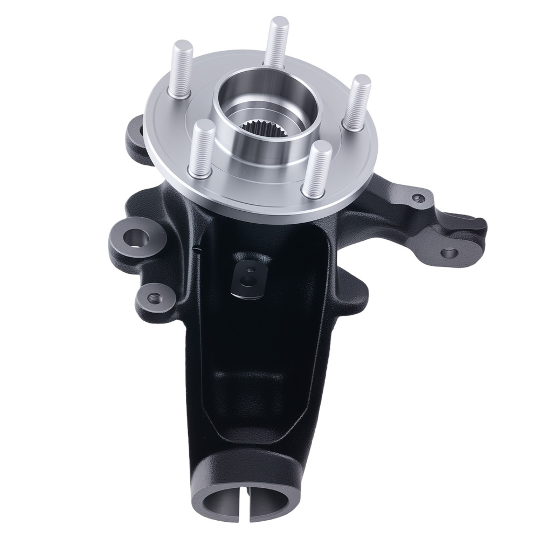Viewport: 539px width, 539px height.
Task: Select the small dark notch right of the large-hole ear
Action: click(x=197, y=250)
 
